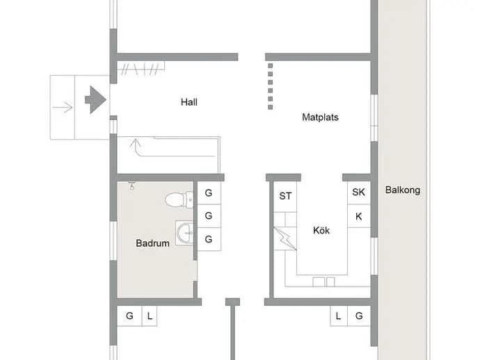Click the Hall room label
(x=189, y=102)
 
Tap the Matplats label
(x=320, y=117)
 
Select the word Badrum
(x=152, y=243)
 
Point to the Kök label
(x=321, y=230)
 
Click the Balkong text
(x=403, y=190)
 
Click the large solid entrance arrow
(x=95, y=99)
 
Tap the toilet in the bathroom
(x=179, y=200)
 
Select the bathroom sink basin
(x=185, y=232)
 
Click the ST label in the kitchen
(x=285, y=196)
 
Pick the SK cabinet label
(x=358, y=192)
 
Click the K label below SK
(x=359, y=217)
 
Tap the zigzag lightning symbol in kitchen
(x=285, y=238)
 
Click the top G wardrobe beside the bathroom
(x=209, y=193)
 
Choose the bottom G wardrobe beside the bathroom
(x=209, y=239)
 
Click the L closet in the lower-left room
(x=150, y=316)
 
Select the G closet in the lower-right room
(x=359, y=316)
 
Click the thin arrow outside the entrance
(x=62, y=107)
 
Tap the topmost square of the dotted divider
(x=271, y=66)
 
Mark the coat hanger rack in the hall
(x=141, y=69)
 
